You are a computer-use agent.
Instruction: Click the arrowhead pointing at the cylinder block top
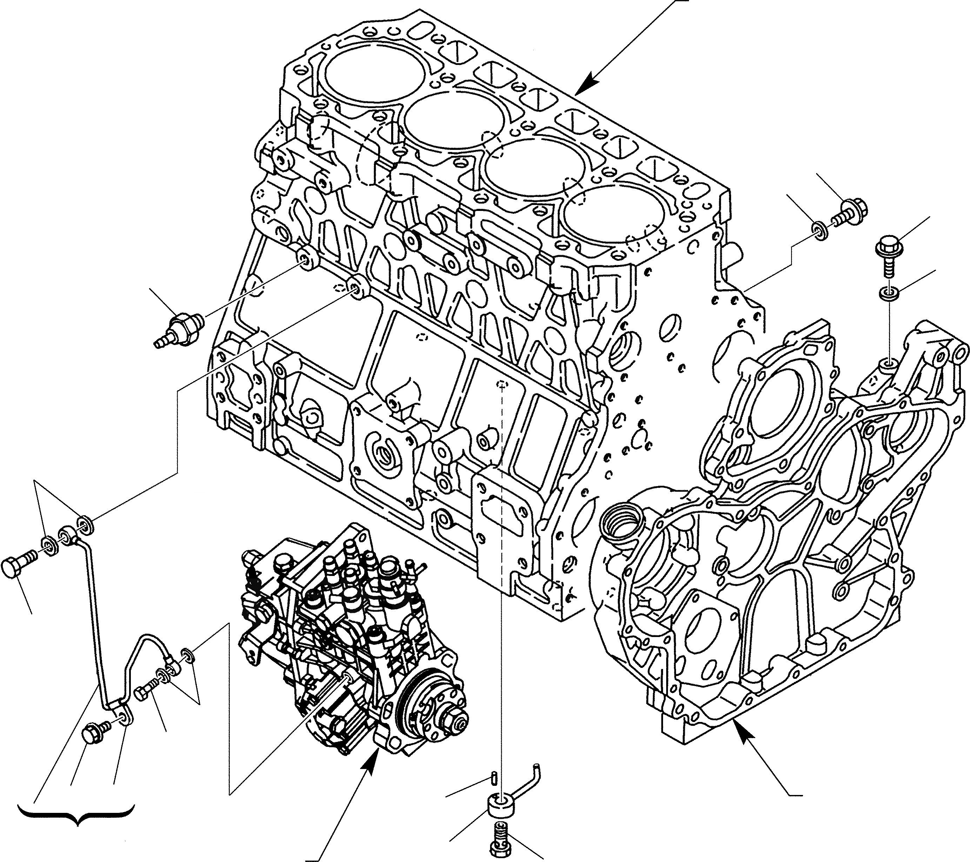pos(588,83)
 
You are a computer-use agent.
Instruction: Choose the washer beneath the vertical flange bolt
pos(888,293)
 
